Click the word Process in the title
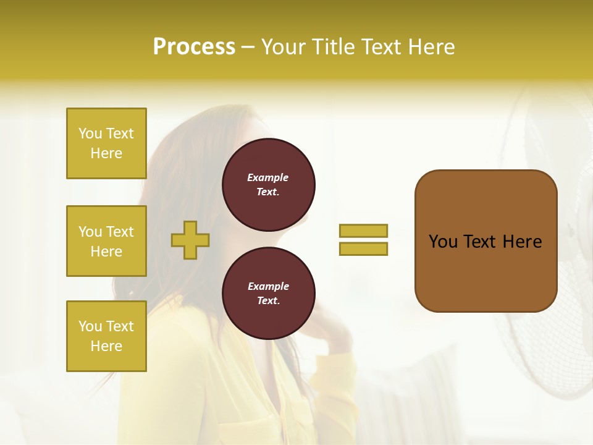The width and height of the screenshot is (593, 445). coord(194,47)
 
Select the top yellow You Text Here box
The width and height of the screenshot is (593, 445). coord(106,143)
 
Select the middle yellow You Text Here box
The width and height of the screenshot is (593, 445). coord(106,241)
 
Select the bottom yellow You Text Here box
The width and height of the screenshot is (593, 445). coord(106,336)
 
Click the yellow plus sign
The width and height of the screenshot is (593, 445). coord(190,240)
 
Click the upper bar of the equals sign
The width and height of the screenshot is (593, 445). coord(363,231)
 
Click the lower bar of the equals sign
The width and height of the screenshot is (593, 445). coord(363,249)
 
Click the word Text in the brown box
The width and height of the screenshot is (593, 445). coord(479,242)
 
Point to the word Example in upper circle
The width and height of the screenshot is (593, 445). coord(268,177)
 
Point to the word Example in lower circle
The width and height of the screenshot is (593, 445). coord(268,286)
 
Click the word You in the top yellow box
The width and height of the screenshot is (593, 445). coord(90,133)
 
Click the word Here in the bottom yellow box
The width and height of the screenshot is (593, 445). coord(106,346)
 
